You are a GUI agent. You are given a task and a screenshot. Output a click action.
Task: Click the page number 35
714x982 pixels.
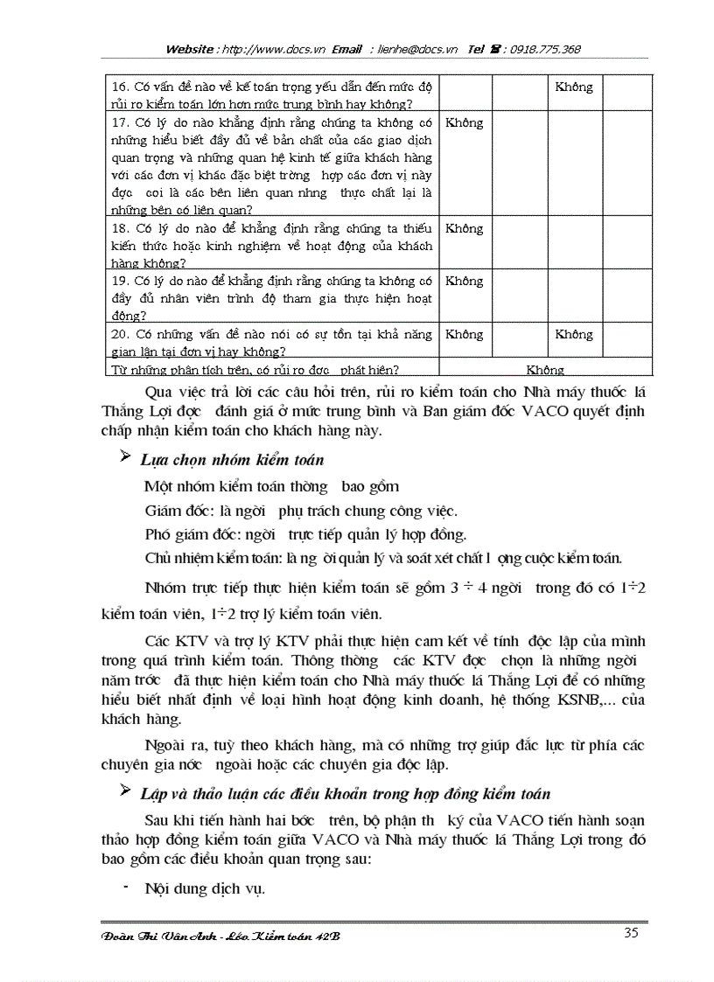(631, 932)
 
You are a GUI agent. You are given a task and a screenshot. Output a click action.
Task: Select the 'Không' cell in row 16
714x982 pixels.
(574, 87)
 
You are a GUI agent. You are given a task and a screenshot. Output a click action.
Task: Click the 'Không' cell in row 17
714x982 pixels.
(464, 123)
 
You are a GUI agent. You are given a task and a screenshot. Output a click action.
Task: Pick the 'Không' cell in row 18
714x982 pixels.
(464, 228)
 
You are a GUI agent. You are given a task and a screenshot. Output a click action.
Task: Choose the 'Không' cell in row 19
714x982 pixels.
(464, 281)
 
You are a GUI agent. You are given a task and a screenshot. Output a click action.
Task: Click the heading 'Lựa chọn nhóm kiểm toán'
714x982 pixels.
(234, 460)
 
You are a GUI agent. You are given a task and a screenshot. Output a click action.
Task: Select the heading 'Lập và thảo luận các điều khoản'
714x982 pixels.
(346, 793)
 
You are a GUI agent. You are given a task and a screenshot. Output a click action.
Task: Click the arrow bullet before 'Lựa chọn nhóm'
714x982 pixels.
(123, 458)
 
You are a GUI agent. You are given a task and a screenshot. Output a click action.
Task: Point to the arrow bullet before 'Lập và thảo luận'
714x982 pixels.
(123, 791)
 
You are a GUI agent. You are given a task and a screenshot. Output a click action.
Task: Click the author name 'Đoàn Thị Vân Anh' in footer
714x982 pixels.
(157, 937)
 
